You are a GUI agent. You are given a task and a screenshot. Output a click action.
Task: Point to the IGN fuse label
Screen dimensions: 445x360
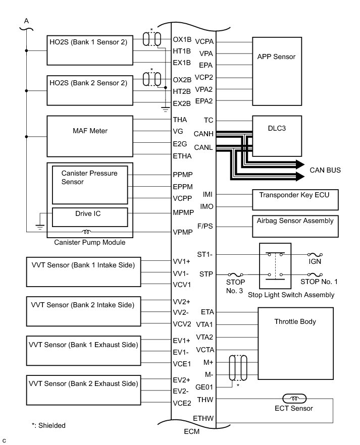(315, 262)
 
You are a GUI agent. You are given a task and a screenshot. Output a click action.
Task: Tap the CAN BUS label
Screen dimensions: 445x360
(325, 171)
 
